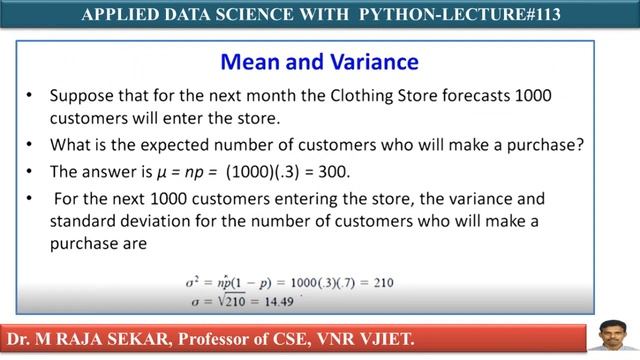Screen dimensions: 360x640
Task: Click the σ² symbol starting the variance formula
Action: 181,282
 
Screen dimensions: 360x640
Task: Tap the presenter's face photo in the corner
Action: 605,332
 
